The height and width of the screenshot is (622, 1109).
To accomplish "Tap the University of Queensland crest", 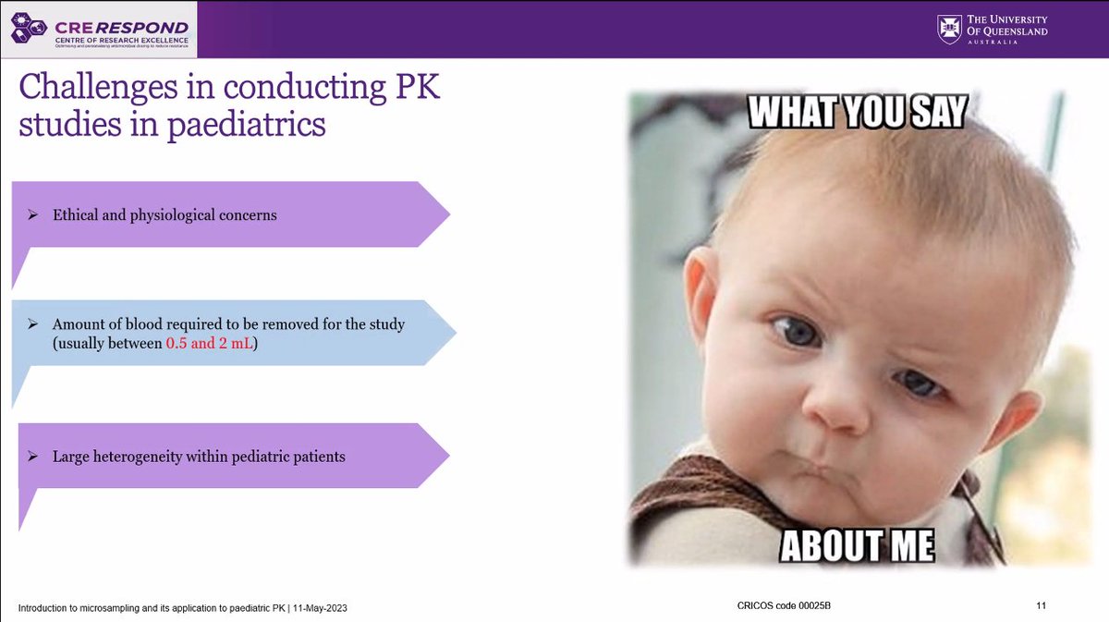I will [949, 30].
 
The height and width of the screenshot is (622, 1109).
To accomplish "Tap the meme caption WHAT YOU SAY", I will [856, 113].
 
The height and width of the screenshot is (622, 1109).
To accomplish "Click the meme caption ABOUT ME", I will [857, 544].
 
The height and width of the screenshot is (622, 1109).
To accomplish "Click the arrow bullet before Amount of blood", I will [32, 325].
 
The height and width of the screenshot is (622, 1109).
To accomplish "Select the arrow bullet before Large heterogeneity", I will [32, 457].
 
